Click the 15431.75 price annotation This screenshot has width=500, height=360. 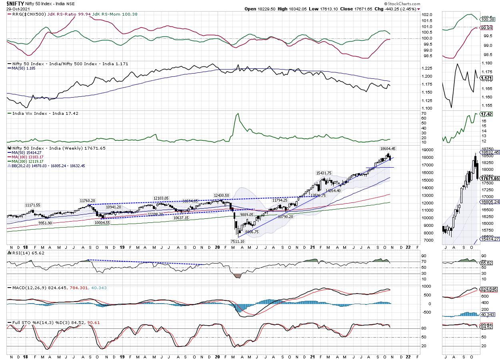tap(324, 173)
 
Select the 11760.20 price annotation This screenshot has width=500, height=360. tap(87, 200)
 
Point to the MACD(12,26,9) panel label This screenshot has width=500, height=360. tap(27, 288)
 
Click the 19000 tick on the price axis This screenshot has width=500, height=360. tap(428, 150)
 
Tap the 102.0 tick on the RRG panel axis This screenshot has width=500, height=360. tap(427, 15)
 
